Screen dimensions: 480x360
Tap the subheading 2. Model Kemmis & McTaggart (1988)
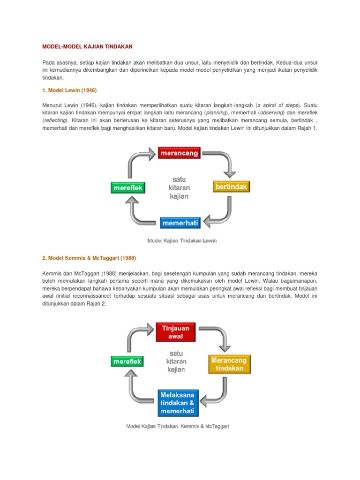[x=89, y=258]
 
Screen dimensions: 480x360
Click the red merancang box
[x=179, y=153]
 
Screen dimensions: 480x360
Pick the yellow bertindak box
[x=231, y=187]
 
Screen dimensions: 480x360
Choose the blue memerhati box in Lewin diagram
[x=180, y=223]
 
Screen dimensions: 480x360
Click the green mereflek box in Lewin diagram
[x=128, y=188]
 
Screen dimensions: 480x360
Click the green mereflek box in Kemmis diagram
[x=127, y=361]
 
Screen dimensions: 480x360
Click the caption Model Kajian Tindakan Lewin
[x=182, y=240]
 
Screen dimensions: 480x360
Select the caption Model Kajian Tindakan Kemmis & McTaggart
[x=177, y=427]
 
